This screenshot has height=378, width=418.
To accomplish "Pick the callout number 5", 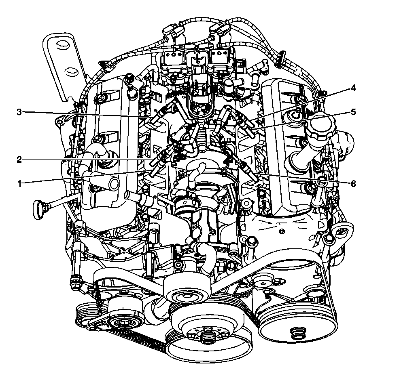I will (353, 112).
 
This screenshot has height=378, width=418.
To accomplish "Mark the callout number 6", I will (353, 184).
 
